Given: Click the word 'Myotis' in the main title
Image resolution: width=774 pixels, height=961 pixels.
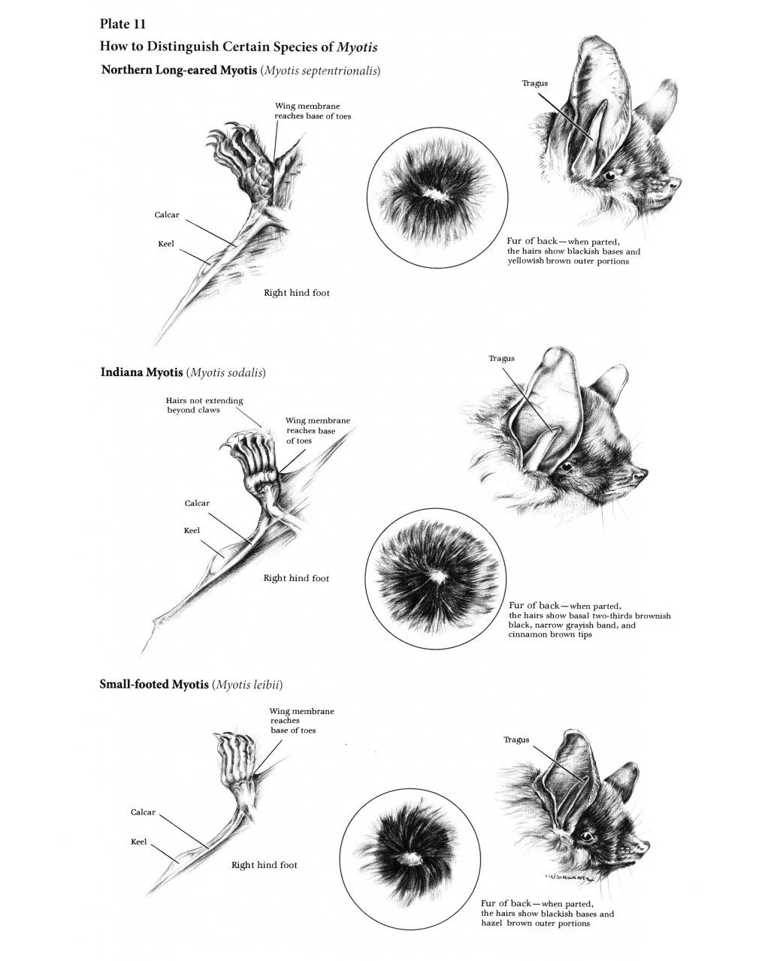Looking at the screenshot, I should coord(357,47).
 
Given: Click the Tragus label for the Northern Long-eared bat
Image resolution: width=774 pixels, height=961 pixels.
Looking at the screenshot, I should coord(535,83).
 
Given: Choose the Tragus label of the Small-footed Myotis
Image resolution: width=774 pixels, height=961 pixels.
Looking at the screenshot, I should coord(516,740).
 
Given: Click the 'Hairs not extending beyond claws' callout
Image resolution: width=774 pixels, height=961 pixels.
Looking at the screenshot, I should coord(204,405).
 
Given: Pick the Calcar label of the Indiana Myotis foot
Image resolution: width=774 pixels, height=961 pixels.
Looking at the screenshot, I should coord(197,503).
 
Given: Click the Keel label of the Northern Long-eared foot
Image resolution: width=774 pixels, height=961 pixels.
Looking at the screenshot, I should coord(166,244).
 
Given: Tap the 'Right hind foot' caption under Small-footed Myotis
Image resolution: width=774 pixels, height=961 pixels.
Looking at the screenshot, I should coord(265,865).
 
